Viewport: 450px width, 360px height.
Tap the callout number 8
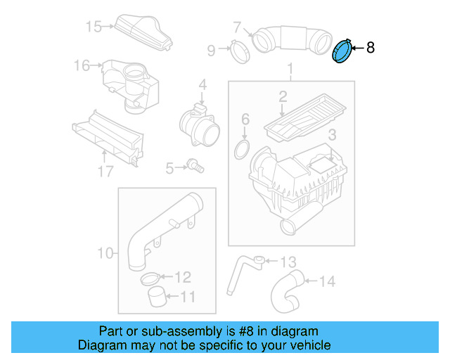[371, 48]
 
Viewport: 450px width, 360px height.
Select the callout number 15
[94, 27]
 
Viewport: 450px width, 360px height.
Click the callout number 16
[82, 65]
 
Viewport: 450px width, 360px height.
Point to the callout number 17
[105, 171]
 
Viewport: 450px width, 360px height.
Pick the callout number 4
[202, 85]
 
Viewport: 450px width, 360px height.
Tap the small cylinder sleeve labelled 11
[157, 296]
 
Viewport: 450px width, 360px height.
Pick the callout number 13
[288, 262]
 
